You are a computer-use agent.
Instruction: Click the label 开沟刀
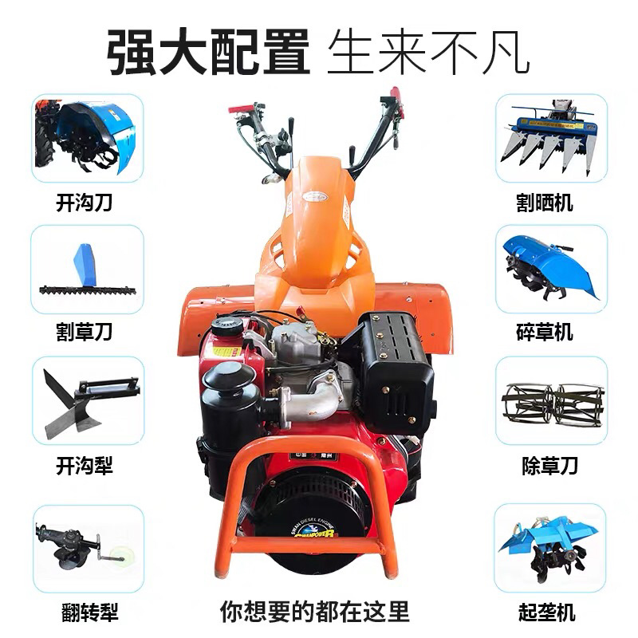84,203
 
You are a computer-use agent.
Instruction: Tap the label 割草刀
84,332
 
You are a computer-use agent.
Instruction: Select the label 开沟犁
84,466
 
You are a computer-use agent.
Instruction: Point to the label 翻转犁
89,612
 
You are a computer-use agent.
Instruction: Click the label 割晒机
545,203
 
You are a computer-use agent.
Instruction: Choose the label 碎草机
545,332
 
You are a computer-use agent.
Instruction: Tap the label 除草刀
549,466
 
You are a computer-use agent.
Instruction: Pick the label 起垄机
546,612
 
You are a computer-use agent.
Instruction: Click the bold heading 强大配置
208,53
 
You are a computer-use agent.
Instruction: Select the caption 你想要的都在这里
314,611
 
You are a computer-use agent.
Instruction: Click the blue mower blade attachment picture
87,270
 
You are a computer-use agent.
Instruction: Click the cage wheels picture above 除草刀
553,404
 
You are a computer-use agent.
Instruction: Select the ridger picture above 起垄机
548,545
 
